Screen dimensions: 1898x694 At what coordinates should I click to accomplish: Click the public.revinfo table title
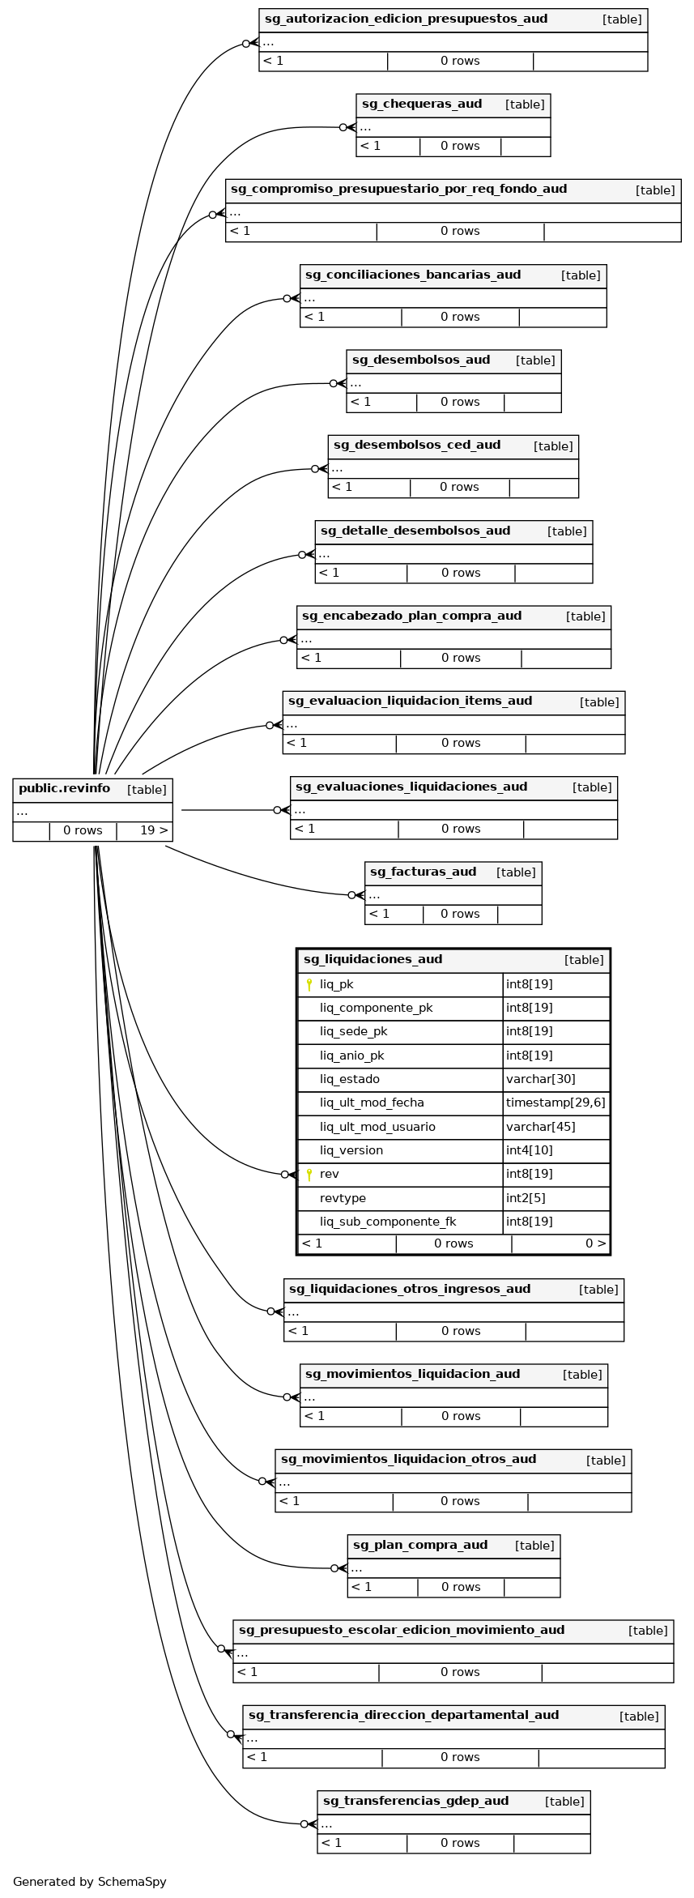[64, 789]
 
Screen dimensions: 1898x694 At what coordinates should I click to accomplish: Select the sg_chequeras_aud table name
[422, 104]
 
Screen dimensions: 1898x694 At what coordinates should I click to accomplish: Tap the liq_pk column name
[336, 984]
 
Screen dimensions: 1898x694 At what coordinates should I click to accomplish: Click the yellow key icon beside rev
[309, 1175]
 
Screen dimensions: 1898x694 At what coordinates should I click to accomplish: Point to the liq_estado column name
[349, 1079]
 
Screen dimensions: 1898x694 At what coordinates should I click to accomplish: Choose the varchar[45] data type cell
[540, 1127]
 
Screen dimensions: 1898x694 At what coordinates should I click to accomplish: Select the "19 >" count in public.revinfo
[154, 830]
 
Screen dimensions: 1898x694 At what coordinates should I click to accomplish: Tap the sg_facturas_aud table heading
[423, 872]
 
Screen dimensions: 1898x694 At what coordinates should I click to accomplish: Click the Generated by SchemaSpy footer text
[89, 1882]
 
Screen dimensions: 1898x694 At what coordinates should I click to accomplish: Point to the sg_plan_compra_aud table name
[420, 1546]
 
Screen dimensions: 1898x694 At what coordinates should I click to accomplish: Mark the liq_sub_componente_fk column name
[388, 1222]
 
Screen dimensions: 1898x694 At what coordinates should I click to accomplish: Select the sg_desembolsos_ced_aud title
[417, 446]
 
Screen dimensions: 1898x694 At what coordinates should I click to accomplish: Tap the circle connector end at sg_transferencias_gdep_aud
[304, 1824]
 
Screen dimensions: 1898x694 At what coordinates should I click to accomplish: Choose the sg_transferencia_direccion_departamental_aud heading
[403, 1715]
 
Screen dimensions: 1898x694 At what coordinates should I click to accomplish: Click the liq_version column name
[351, 1150]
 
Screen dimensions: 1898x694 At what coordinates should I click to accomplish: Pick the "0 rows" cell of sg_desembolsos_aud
[460, 402]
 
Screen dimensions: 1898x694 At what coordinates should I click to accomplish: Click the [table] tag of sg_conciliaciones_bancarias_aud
[581, 275]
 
